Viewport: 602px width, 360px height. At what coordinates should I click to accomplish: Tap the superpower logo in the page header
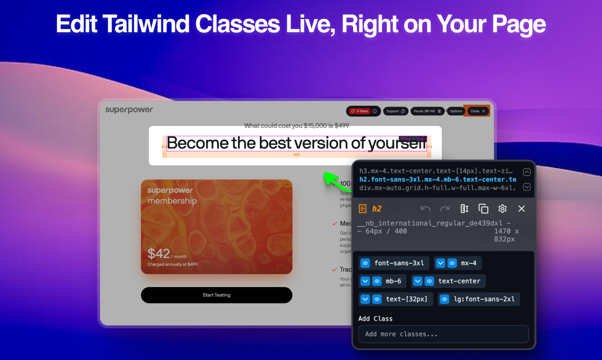click(129, 110)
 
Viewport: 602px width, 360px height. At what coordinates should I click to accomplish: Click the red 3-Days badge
click(359, 111)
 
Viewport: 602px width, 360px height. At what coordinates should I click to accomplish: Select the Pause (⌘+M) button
click(427, 111)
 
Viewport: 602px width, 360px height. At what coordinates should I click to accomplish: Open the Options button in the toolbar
click(456, 111)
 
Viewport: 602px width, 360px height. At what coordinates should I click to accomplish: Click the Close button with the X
click(477, 111)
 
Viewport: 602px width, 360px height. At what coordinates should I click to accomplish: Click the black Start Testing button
click(217, 295)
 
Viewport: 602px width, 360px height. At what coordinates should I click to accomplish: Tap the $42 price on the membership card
click(158, 253)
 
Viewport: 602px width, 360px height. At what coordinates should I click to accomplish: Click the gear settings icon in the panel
click(502, 209)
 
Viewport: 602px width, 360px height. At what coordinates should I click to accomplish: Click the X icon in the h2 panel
click(521, 209)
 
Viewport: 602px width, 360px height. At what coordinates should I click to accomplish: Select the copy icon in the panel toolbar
click(483, 209)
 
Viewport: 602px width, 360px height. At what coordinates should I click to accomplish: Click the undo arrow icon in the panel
click(426, 209)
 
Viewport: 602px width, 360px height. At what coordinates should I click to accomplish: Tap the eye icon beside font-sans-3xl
click(365, 263)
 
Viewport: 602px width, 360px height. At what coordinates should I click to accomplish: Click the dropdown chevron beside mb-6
click(365, 281)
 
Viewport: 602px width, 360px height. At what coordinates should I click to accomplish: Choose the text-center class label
click(459, 281)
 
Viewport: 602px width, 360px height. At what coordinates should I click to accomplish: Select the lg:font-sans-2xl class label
click(484, 299)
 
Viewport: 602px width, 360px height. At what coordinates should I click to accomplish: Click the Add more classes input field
click(443, 334)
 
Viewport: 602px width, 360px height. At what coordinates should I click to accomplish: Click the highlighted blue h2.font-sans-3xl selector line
click(438, 180)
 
